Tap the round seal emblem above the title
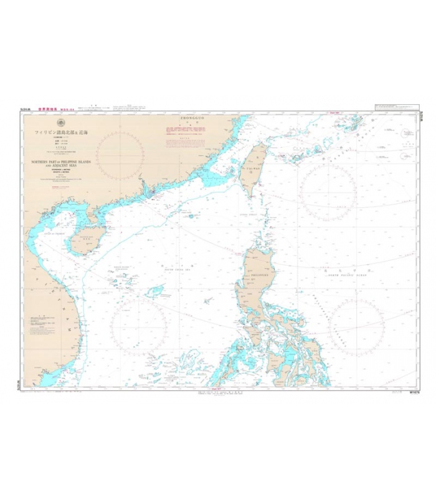60,122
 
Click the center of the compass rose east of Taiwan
328,191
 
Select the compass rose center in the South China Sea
138,324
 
